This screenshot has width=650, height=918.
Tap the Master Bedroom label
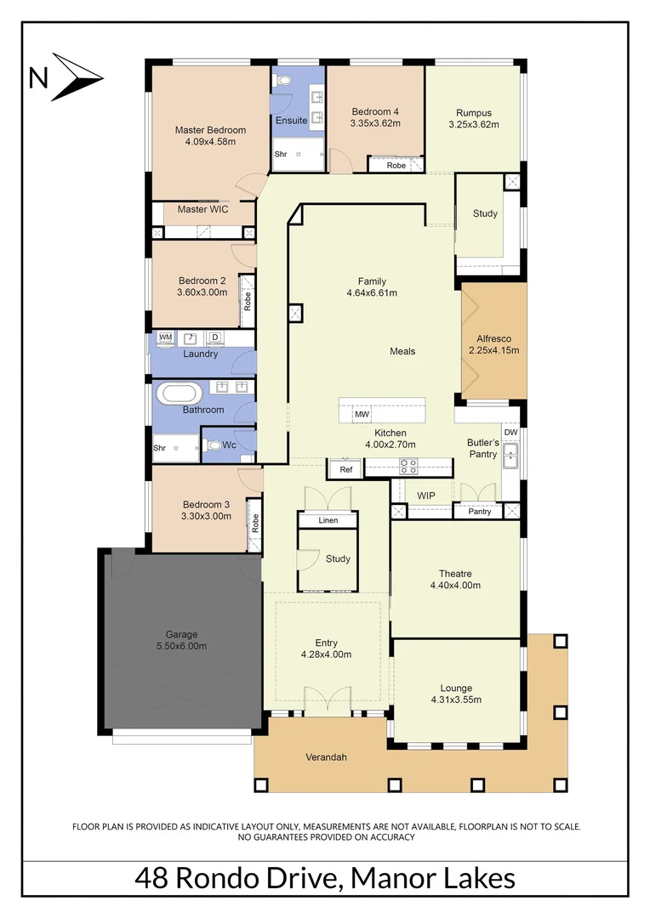pyautogui.click(x=210, y=130)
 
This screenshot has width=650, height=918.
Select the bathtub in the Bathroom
pyautogui.click(x=179, y=394)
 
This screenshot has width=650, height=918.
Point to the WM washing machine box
pyautogui.click(x=165, y=337)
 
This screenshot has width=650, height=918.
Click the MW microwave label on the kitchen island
pyautogui.click(x=361, y=414)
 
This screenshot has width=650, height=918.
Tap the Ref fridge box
pyautogui.click(x=345, y=469)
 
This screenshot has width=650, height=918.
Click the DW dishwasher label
pyautogui.click(x=510, y=433)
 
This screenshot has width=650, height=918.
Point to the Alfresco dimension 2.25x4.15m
pyautogui.click(x=493, y=349)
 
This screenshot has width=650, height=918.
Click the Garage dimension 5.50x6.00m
pyautogui.click(x=181, y=646)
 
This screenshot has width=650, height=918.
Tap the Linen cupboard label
pyautogui.click(x=328, y=520)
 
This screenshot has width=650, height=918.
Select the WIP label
pyautogui.click(x=425, y=495)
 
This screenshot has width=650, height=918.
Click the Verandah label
pyautogui.click(x=327, y=757)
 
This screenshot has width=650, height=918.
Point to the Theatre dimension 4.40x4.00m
pyautogui.click(x=455, y=586)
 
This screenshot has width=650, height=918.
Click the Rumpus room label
pyautogui.click(x=473, y=113)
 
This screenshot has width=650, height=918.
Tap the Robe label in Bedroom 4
pyautogui.click(x=396, y=166)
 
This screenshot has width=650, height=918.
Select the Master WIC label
pyautogui.click(x=202, y=209)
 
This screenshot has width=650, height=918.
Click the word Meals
pyautogui.click(x=402, y=351)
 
